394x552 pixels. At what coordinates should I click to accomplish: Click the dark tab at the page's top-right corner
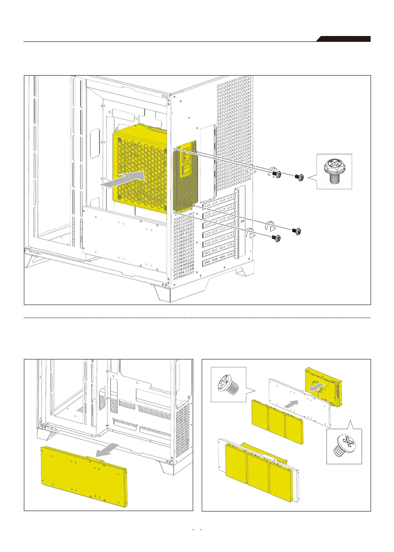click(x=344, y=39)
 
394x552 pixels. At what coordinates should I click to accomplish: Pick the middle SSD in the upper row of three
click(x=276, y=420)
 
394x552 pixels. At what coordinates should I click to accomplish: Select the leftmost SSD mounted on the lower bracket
click(x=235, y=463)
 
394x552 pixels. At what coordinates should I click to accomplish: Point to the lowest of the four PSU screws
click(x=278, y=238)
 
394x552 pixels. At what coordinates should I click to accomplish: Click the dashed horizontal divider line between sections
click(x=197, y=318)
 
